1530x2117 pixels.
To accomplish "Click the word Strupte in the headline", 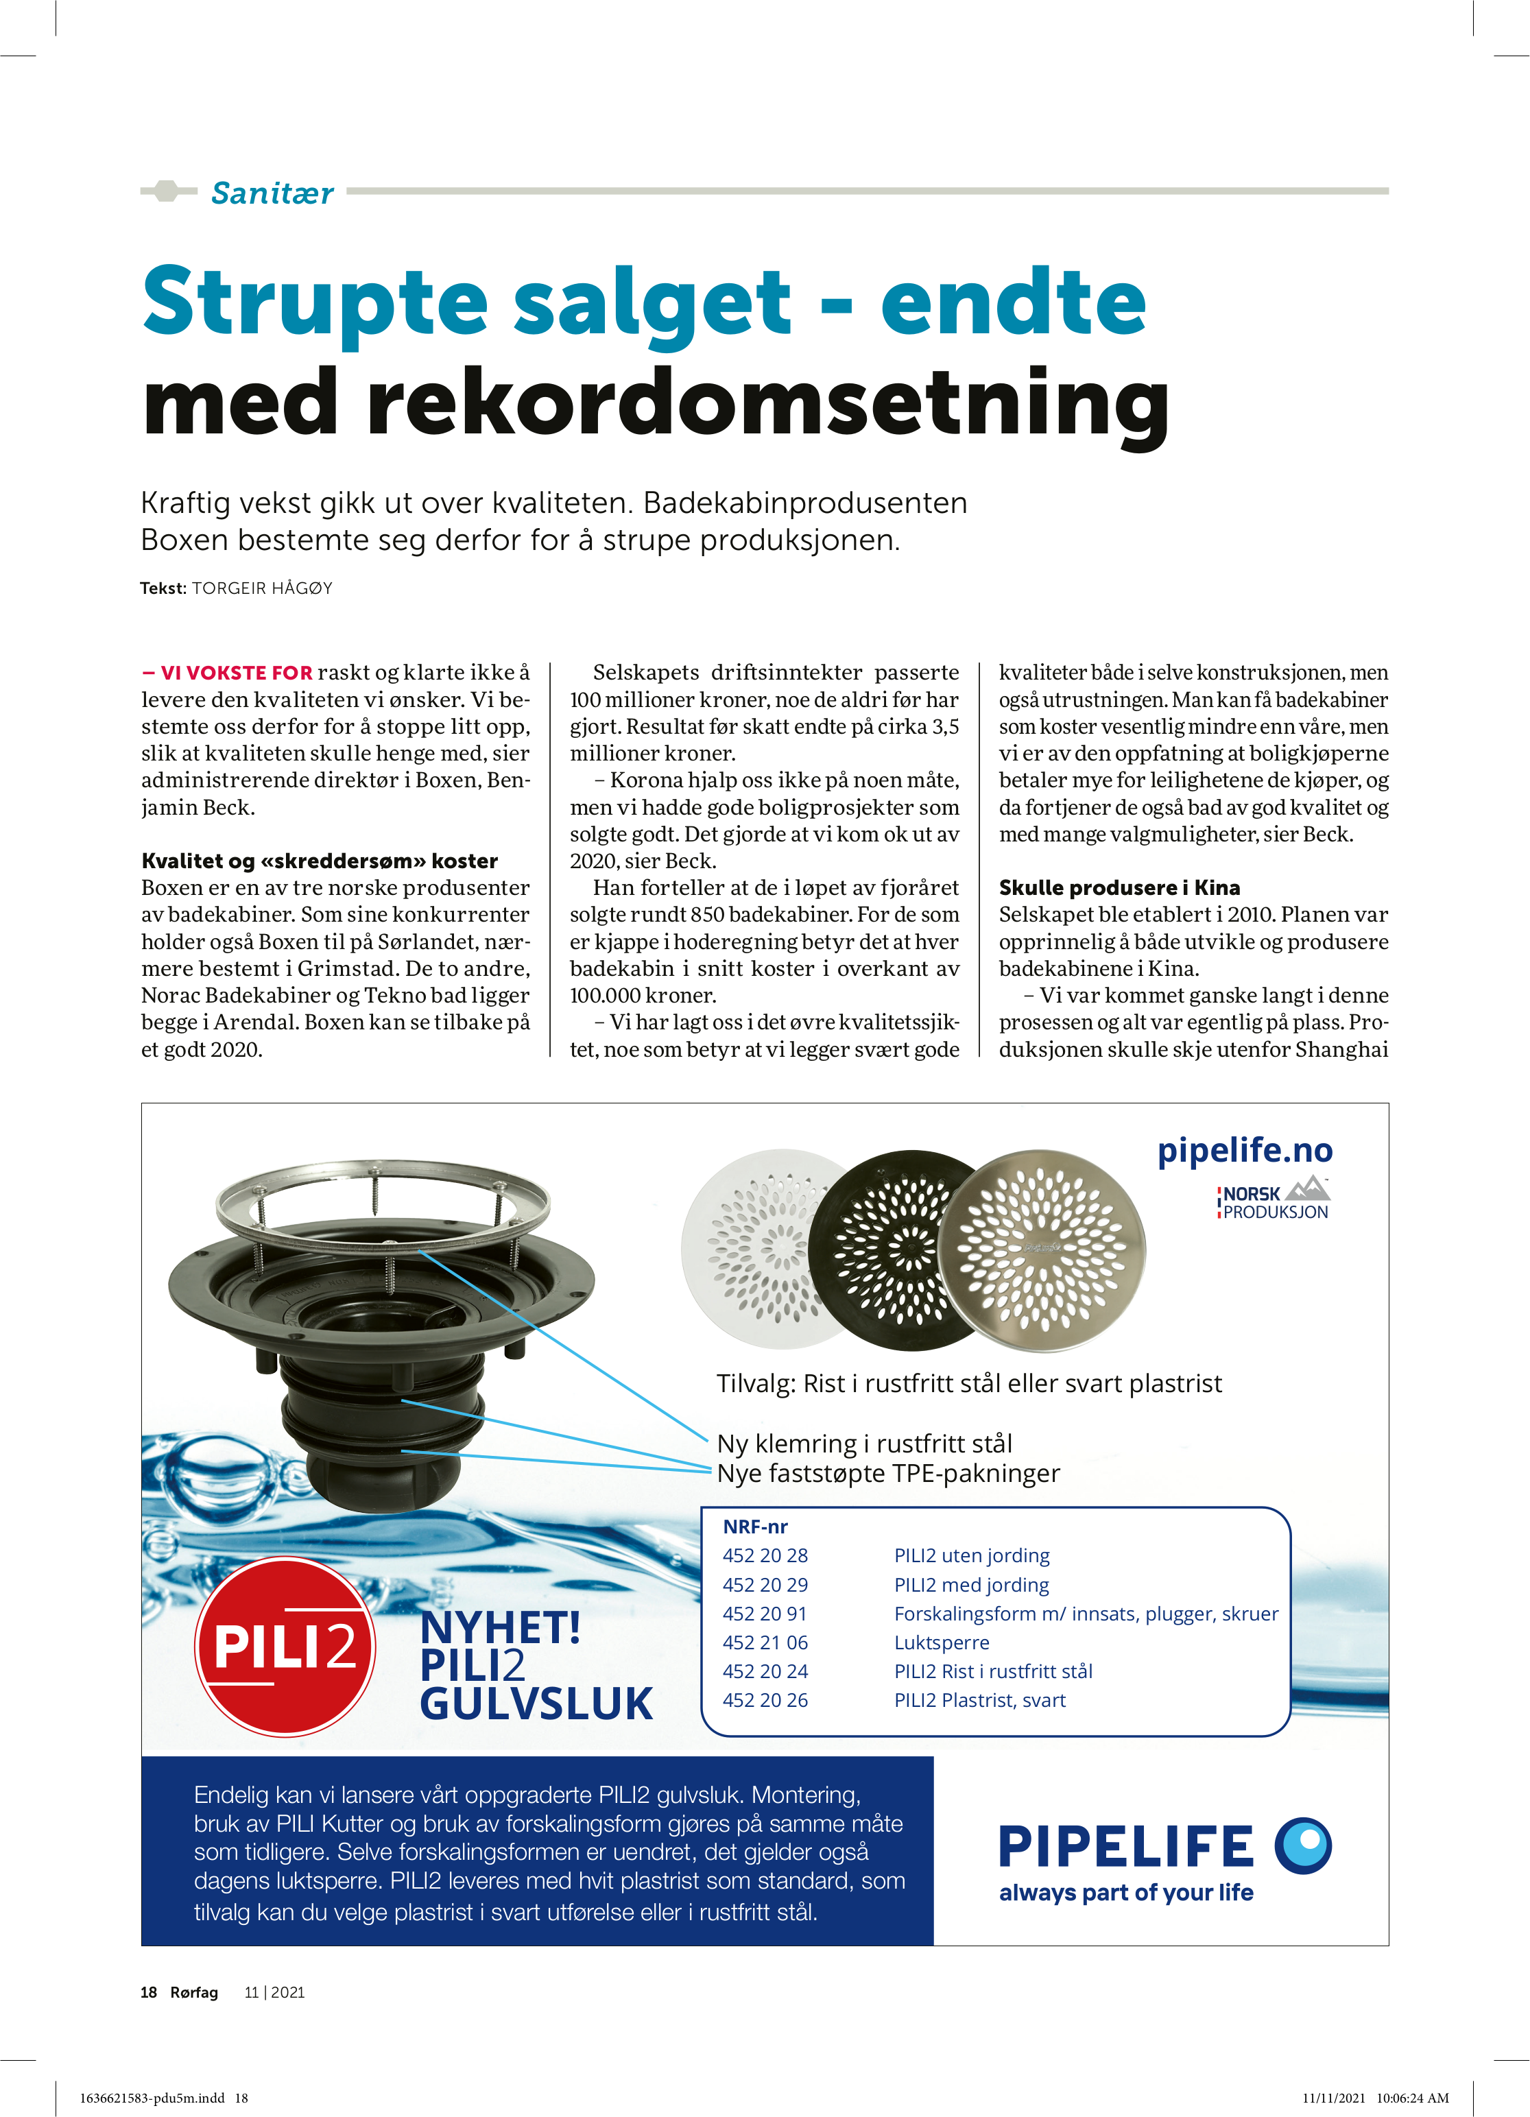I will click(x=315, y=302).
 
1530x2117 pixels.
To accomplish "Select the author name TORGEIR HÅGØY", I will click(x=262, y=588).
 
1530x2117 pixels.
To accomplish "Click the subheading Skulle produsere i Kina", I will click(x=1119, y=887).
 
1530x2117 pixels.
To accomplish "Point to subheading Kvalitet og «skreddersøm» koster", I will click(x=320, y=861).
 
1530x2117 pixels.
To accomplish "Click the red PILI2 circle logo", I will click(x=285, y=1646).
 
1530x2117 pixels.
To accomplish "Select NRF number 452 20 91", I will click(x=765, y=1613).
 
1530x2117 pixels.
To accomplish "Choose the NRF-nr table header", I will click(x=755, y=1526).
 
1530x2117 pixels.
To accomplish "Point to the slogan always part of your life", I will click(x=1126, y=1892).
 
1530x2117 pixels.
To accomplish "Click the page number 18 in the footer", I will click(x=148, y=1992).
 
